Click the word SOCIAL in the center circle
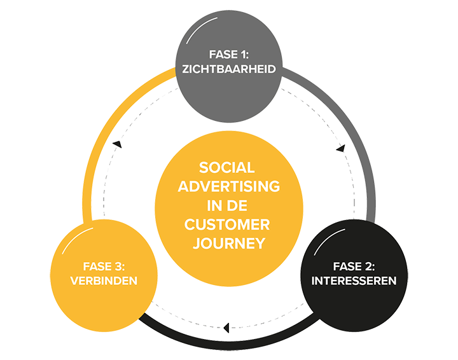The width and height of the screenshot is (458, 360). coord(227,168)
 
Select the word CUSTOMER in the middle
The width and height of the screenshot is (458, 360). coord(227,225)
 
